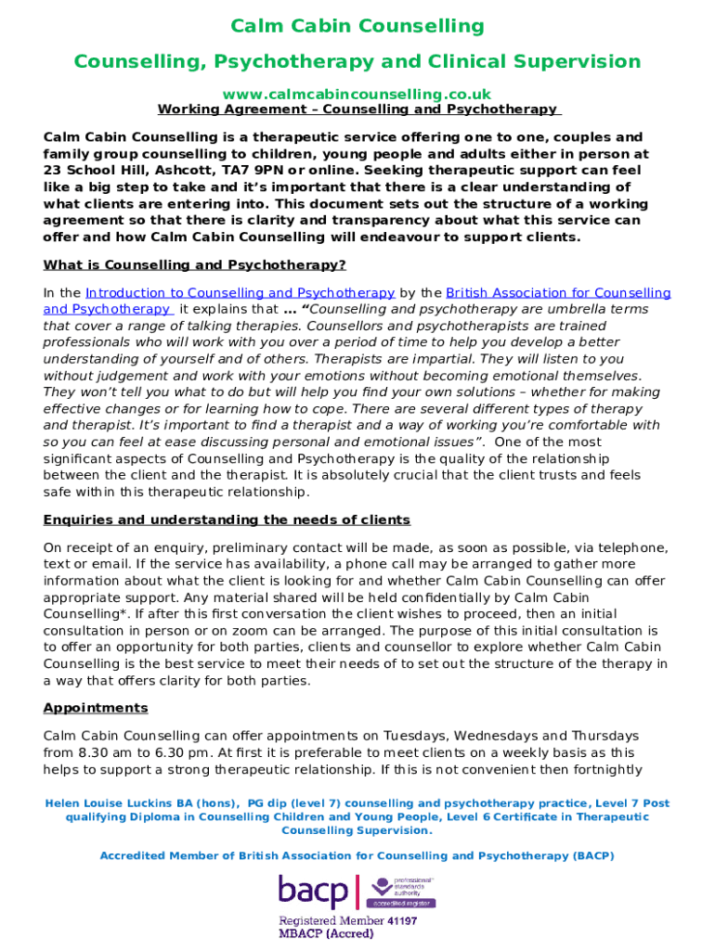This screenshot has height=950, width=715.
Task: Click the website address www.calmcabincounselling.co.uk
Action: click(x=357, y=94)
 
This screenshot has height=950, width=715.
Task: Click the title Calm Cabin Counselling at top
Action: click(x=357, y=26)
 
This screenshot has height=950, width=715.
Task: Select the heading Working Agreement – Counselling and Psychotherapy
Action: click(x=357, y=109)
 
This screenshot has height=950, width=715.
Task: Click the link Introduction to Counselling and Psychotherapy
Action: click(x=240, y=293)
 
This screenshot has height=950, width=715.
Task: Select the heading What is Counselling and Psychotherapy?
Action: click(x=195, y=264)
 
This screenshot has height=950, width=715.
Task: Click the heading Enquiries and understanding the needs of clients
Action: click(x=227, y=520)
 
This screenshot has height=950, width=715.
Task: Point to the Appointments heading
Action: click(x=96, y=708)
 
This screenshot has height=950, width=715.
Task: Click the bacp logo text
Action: click(x=314, y=892)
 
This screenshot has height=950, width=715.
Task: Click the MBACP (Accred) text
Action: click(x=327, y=934)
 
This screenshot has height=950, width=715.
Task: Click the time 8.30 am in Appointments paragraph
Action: click(x=107, y=751)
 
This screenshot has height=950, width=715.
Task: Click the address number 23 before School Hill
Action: click(x=53, y=171)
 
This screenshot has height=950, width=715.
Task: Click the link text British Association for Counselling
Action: click(x=558, y=293)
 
